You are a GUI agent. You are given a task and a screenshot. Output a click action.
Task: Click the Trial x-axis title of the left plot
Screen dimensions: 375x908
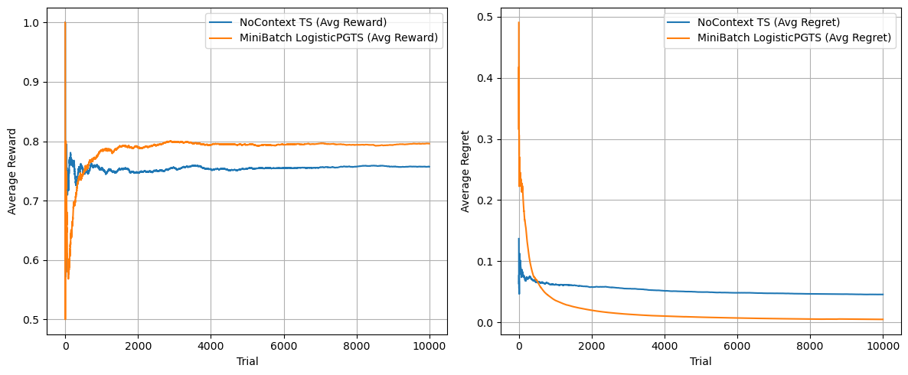(247, 361)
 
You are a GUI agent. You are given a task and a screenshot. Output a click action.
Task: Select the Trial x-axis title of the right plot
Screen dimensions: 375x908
(701, 361)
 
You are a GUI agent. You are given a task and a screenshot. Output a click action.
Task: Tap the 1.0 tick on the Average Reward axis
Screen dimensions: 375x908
(34, 23)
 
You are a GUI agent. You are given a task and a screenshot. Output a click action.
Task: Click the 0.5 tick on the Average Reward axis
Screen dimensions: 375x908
(34, 320)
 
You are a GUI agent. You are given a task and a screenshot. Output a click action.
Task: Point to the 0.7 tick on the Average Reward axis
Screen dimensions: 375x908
(34, 201)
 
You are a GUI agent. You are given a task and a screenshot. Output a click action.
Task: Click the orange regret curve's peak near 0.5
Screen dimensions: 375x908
(519, 22)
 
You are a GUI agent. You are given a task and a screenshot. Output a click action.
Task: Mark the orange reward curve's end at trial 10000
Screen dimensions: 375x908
(429, 143)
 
